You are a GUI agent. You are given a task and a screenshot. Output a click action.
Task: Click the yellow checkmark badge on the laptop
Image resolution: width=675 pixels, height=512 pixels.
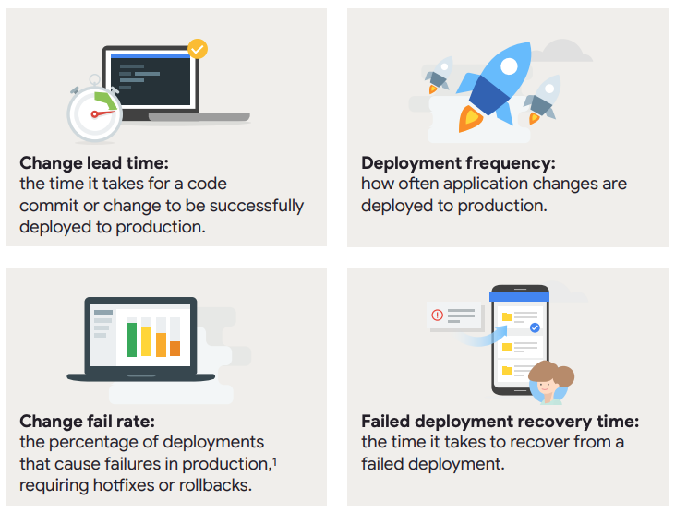(x=198, y=49)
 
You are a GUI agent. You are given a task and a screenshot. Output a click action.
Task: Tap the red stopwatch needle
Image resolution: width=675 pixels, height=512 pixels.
(x=102, y=113)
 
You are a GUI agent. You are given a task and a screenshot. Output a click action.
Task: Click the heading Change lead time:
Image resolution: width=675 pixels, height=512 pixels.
(x=94, y=163)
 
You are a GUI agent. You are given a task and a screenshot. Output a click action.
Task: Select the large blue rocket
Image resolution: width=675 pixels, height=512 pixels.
(x=494, y=86)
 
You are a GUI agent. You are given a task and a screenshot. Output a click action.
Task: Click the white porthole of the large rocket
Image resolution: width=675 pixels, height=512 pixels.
(x=510, y=66)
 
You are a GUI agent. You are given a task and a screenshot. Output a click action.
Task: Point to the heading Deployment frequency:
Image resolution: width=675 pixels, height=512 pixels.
(x=459, y=163)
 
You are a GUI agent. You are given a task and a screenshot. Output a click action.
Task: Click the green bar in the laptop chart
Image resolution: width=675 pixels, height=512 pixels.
(x=131, y=339)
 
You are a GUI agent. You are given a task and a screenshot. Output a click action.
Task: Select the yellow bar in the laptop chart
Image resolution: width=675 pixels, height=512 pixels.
(x=147, y=341)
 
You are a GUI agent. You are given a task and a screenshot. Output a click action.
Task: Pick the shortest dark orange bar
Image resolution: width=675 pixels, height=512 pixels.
(x=175, y=349)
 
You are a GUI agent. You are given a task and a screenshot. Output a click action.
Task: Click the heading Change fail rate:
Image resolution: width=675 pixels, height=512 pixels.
(x=88, y=422)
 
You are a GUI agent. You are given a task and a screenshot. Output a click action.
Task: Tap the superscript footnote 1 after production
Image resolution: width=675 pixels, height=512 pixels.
(x=274, y=461)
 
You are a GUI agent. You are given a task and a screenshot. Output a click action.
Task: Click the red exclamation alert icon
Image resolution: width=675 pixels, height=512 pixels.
(x=438, y=316)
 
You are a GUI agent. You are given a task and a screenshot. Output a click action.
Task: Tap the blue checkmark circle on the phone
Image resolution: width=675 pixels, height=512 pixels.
(x=535, y=327)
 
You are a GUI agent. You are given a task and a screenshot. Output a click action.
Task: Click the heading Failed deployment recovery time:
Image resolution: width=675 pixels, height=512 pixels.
(x=500, y=422)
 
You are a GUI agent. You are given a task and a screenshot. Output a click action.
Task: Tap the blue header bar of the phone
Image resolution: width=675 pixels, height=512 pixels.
(x=519, y=296)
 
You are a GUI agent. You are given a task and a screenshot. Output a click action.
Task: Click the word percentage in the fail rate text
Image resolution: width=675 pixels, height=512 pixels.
(x=101, y=443)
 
